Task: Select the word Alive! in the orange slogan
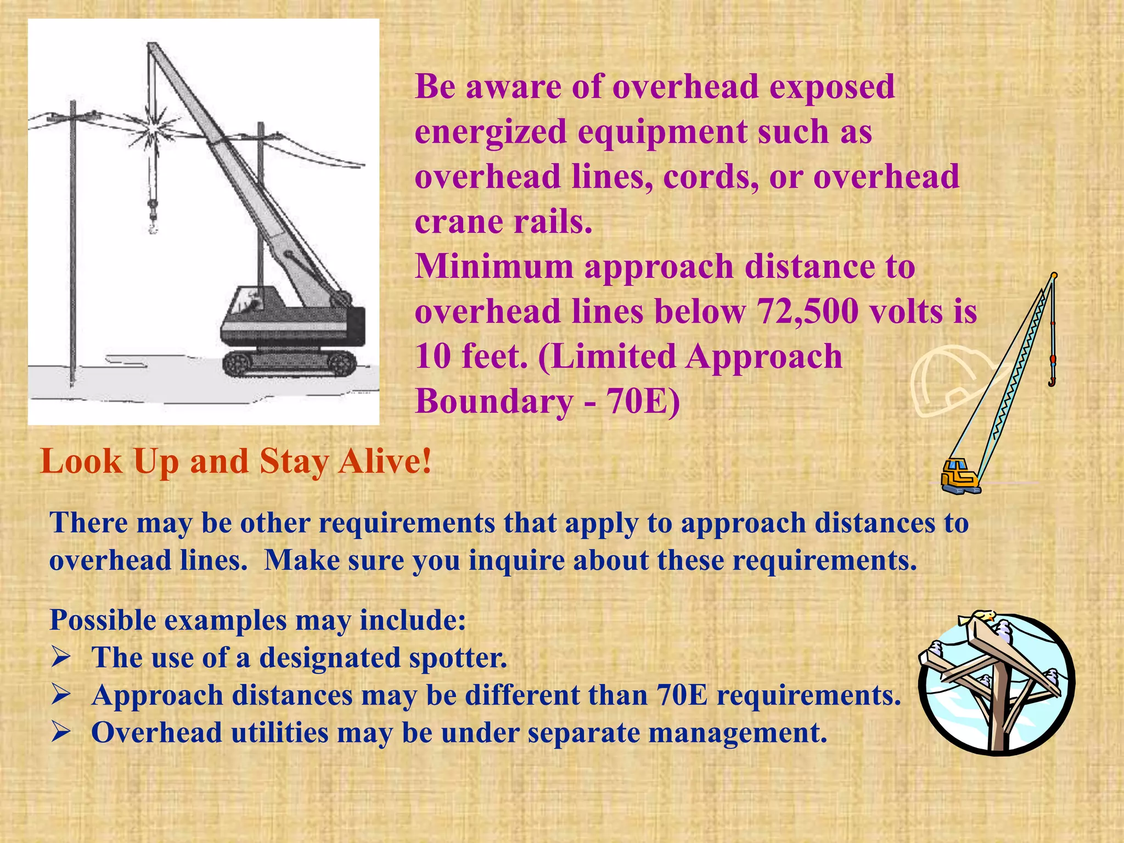[x=385, y=461]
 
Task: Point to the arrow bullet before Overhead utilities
[x=61, y=732]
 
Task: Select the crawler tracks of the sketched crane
[x=289, y=363]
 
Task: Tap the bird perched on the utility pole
[x=977, y=618]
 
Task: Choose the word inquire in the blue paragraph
[x=516, y=560]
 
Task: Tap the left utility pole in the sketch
[x=72, y=241]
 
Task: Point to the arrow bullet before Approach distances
[x=61, y=695]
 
